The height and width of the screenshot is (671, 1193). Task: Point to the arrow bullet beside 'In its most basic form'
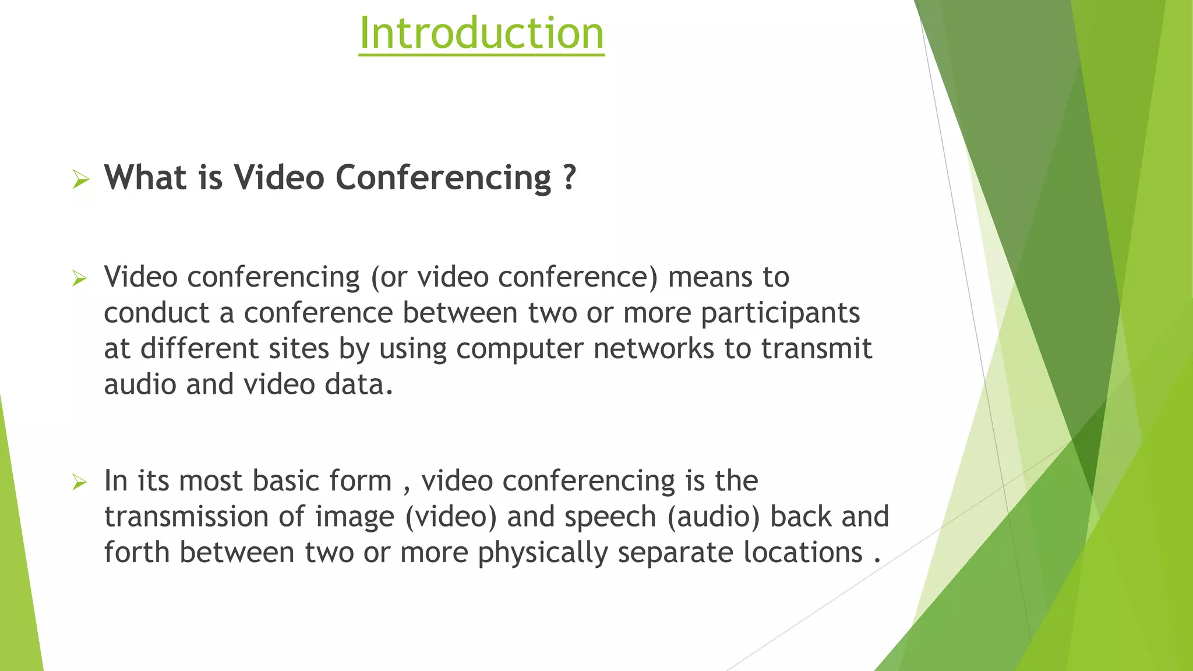[80, 482]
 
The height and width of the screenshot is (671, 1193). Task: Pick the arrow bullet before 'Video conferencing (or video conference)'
[80, 278]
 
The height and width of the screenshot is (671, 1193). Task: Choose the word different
[199, 349]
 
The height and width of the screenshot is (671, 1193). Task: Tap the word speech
[610, 517]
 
